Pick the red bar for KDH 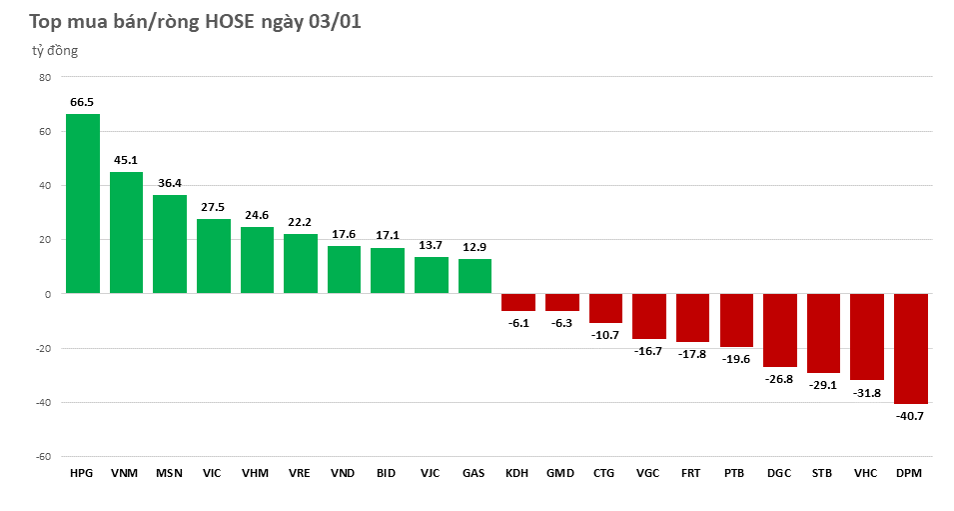pos(517,302)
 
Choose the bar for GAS pos(475,276)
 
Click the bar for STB pos(823,333)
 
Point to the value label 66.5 pos(82,102)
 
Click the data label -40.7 pos(910,415)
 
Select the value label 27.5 pos(213,207)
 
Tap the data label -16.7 pos(648,351)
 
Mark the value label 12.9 pos(475,247)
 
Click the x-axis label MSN pos(169,473)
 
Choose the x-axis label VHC pos(866,473)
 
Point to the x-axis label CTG pos(604,473)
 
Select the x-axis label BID pos(387,473)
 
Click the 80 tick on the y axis pos(44,77)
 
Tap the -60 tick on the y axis pos(42,456)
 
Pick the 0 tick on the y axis pos(47,294)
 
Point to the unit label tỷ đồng pos(53,50)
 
